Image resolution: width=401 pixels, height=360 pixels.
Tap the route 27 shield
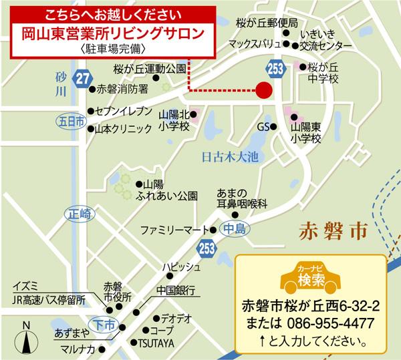click(x=82, y=78)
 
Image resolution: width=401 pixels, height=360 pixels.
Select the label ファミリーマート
click(x=176, y=230)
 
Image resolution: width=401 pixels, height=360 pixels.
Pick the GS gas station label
click(x=263, y=126)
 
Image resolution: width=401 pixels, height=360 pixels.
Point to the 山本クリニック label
click(x=124, y=129)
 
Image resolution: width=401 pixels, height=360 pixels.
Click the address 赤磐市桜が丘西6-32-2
click(x=311, y=307)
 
